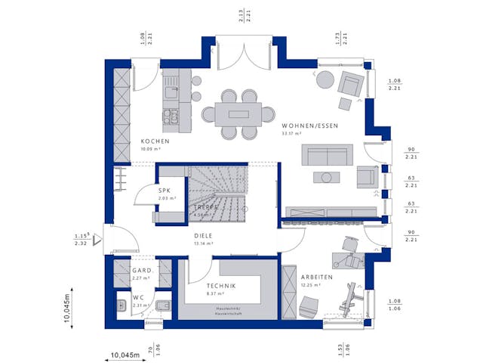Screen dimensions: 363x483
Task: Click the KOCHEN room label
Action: [x=155, y=141]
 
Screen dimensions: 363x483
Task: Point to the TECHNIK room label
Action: [x=221, y=285]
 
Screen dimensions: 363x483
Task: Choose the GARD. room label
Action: [x=143, y=270]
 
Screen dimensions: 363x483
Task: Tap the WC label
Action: [x=138, y=297]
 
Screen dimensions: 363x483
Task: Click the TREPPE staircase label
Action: [x=205, y=206]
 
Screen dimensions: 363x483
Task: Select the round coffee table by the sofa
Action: [x=326, y=177]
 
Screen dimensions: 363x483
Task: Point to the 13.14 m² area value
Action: [x=202, y=244]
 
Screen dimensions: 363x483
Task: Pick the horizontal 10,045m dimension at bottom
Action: [x=125, y=355]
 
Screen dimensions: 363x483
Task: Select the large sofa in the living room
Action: [x=326, y=154]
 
